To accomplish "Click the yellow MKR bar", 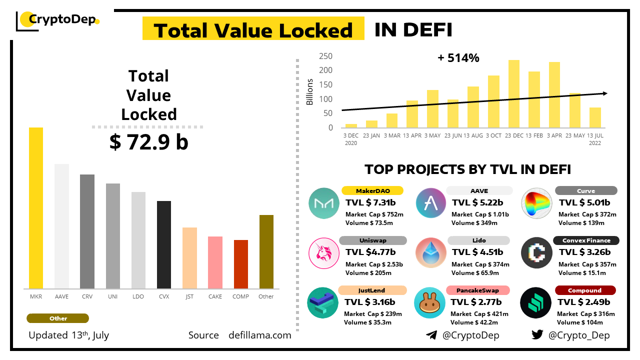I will pyautogui.click(x=36, y=208).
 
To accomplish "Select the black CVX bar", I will pyautogui.click(x=164, y=244).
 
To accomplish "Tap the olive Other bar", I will pyautogui.click(x=266, y=251).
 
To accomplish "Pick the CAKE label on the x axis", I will pyautogui.click(x=215, y=296).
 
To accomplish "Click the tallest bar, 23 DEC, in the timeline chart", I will pyautogui.click(x=514, y=93).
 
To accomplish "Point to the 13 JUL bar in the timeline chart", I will pyautogui.click(x=595, y=117).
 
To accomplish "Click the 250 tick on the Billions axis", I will pyautogui.click(x=326, y=56).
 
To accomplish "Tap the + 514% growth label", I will pyautogui.click(x=458, y=58).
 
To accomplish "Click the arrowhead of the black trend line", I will pyautogui.click(x=605, y=93).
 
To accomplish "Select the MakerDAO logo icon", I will pyautogui.click(x=324, y=203).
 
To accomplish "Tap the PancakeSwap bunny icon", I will pyautogui.click(x=429, y=303).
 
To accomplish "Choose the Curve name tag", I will pyautogui.click(x=586, y=190).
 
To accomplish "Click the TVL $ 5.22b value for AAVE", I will pyautogui.click(x=477, y=202).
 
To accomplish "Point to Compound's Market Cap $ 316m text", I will pyautogui.click(x=586, y=314).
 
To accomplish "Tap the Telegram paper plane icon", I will pyautogui.click(x=431, y=335).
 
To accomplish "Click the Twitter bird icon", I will pyautogui.click(x=537, y=335).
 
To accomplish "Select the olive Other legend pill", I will pyautogui.click(x=58, y=318).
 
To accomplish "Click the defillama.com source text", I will pyautogui.click(x=259, y=335).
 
